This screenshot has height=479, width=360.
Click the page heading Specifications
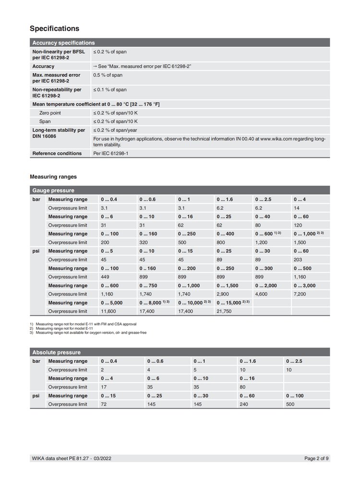click(54, 28)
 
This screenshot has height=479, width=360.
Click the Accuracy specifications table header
click(63, 43)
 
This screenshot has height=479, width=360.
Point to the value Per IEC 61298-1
click(111, 153)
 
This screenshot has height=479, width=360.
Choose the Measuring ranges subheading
click(53, 177)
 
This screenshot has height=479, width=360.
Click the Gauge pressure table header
click(53, 190)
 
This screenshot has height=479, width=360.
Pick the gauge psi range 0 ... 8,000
click(152, 302)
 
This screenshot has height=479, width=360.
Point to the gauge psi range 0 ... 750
click(148, 285)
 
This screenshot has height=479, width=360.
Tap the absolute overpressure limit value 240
click(245, 404)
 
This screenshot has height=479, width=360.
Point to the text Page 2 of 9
click(317, 459)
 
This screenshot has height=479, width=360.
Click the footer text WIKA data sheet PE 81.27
click(60, 459)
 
